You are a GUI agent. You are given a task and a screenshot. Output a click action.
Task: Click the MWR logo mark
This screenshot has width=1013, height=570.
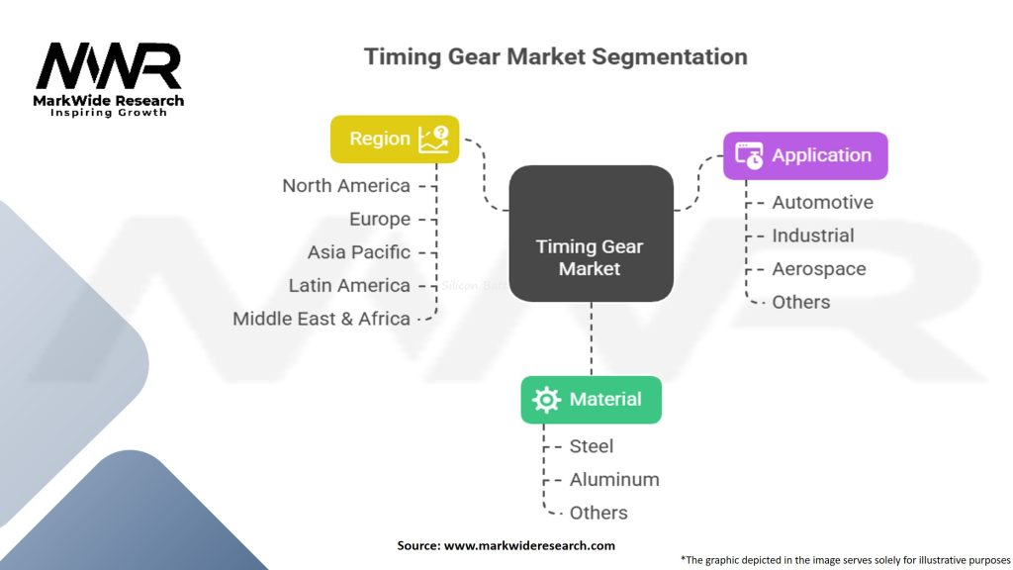[x=109, y=66]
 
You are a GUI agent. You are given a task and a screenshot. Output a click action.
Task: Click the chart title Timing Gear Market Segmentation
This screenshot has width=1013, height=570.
[x=556, y=56]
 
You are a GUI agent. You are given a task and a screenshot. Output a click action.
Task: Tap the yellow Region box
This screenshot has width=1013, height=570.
[x=395, y=139]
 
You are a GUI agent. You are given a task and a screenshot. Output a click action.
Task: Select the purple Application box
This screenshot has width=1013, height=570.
[x=805, y=155]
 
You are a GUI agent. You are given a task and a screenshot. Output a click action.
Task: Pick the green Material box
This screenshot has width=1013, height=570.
[x=592, y=400]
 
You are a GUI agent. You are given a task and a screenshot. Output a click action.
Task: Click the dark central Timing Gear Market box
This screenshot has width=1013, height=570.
[x=592, y=234]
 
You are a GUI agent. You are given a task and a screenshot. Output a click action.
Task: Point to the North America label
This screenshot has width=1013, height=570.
[x=346, y=186]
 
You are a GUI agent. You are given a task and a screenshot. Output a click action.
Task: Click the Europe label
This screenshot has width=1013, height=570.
[x=380, y=219]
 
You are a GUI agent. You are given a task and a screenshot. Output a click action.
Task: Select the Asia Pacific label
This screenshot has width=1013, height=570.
[x=358, y=252]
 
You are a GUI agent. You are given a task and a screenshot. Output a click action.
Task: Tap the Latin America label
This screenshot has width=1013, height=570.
[x=349, y=285]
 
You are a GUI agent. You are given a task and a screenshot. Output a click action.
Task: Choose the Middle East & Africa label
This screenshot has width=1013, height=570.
[x=322, y=319]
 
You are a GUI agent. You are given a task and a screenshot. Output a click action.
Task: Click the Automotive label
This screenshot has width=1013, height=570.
[x=822, y=202]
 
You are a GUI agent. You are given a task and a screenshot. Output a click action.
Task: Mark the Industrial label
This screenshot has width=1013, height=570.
[x=813, y=236]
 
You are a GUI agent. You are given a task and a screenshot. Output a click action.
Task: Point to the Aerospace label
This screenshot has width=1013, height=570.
[x=819, y=269]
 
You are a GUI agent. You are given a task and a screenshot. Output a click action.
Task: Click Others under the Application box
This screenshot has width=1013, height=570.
[x=801, y=302]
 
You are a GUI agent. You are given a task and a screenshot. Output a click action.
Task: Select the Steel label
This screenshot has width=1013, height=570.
[x=592, y=446]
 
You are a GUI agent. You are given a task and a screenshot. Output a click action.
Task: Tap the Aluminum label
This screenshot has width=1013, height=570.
[x=614, y=480]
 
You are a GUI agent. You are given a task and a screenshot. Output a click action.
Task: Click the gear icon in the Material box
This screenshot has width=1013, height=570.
[x=546, y=400]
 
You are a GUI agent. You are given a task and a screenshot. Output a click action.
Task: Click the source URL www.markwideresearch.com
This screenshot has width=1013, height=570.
[x=529, y=545]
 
